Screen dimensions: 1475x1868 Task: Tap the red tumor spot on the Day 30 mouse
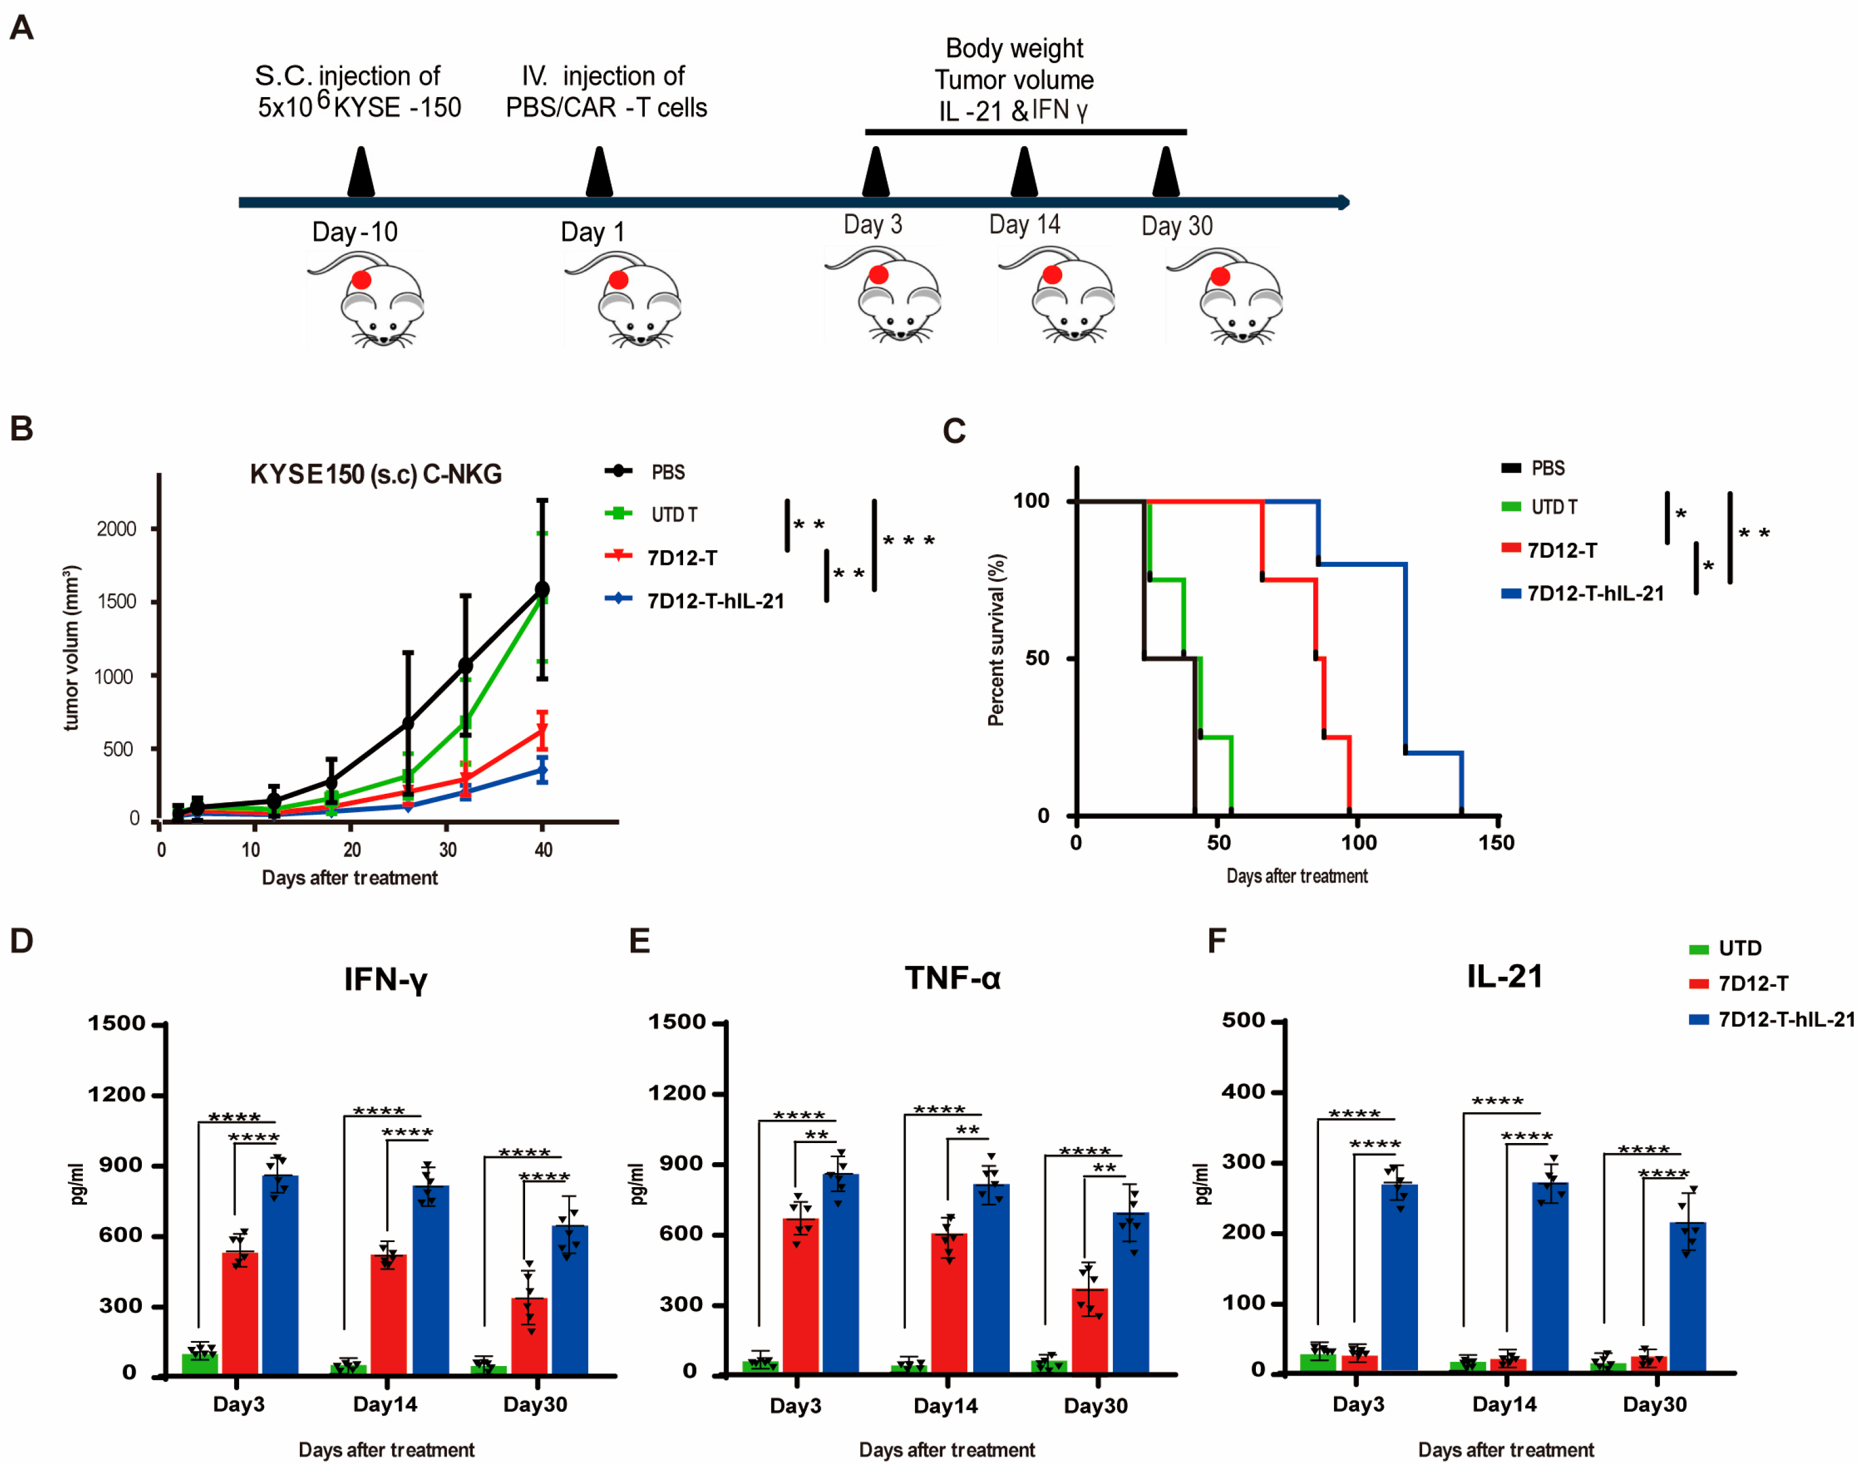point(1220,277)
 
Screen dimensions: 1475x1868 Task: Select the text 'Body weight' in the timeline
point(1014,48)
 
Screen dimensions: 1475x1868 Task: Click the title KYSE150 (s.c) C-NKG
point(376,474)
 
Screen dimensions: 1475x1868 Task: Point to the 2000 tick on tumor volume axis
point(117,529)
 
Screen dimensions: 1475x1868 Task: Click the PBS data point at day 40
point(542,589)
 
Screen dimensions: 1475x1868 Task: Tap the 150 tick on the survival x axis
point(1496,843)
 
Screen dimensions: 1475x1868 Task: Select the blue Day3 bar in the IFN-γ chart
point(281,1274)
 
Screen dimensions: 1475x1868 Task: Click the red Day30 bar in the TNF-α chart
point(1090,1330)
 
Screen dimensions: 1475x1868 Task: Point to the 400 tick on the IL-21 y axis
point(1243,1092)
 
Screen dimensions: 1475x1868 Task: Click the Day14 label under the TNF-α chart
point(946,1405)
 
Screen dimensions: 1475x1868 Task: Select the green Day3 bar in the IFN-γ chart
point(200,1363)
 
